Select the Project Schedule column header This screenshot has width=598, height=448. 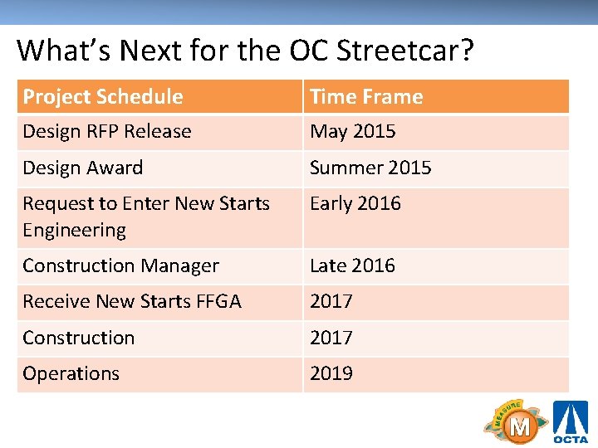click(103, 96)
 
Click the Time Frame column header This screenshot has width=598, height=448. click(366, 96)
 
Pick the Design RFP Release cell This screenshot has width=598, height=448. click(107, 131)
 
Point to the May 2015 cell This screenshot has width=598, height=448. click(353, 131)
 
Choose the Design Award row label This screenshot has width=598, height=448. click(83, 168)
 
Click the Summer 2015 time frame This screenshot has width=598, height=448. click(370, 168)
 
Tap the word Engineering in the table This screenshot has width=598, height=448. click(75, 230)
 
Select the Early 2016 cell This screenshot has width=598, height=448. click(355, 203)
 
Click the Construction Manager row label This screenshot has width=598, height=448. click(121, 265)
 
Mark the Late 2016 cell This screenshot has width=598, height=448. click(353, 265)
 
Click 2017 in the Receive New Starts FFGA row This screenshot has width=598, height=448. click(331, 301)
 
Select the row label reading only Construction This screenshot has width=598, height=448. click(79, 338)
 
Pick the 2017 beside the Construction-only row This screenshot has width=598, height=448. click(331, 338)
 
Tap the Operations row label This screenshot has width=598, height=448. click(71, 373)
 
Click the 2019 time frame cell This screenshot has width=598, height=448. click(331, 373)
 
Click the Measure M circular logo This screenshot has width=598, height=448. click(517, 423)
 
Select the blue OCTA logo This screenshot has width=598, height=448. click(571, 422)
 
